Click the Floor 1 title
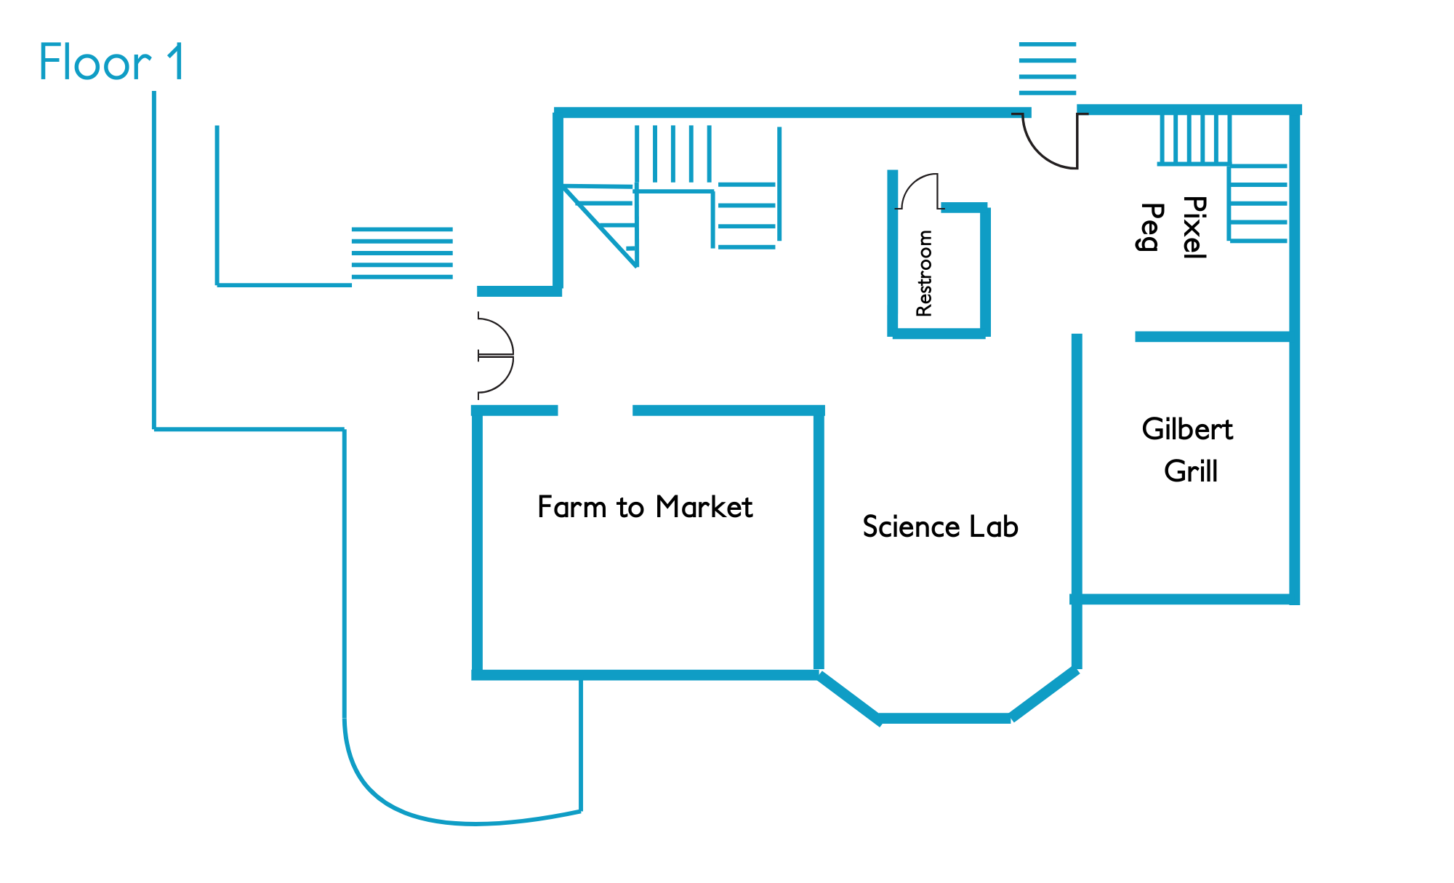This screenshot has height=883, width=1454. tap(112, 63)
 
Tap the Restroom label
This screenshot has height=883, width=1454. tap(924, 273)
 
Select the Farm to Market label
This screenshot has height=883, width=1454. tap(645, 507)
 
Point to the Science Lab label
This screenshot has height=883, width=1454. tap(940, 527)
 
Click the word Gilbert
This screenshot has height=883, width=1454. tap(1187, 429)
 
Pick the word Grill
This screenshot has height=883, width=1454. tap(1190, 471)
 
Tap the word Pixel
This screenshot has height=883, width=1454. tap(1194, 227)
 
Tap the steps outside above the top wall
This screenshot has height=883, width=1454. tap(1047, 68)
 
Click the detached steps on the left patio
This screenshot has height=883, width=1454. tap(402, 253)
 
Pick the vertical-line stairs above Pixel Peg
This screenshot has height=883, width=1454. tap(1194, 138)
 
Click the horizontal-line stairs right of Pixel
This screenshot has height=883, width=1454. tap(1258, 203)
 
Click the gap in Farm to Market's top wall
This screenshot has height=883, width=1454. tap(595, 411)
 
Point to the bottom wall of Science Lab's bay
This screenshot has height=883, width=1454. tap(944, 719)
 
